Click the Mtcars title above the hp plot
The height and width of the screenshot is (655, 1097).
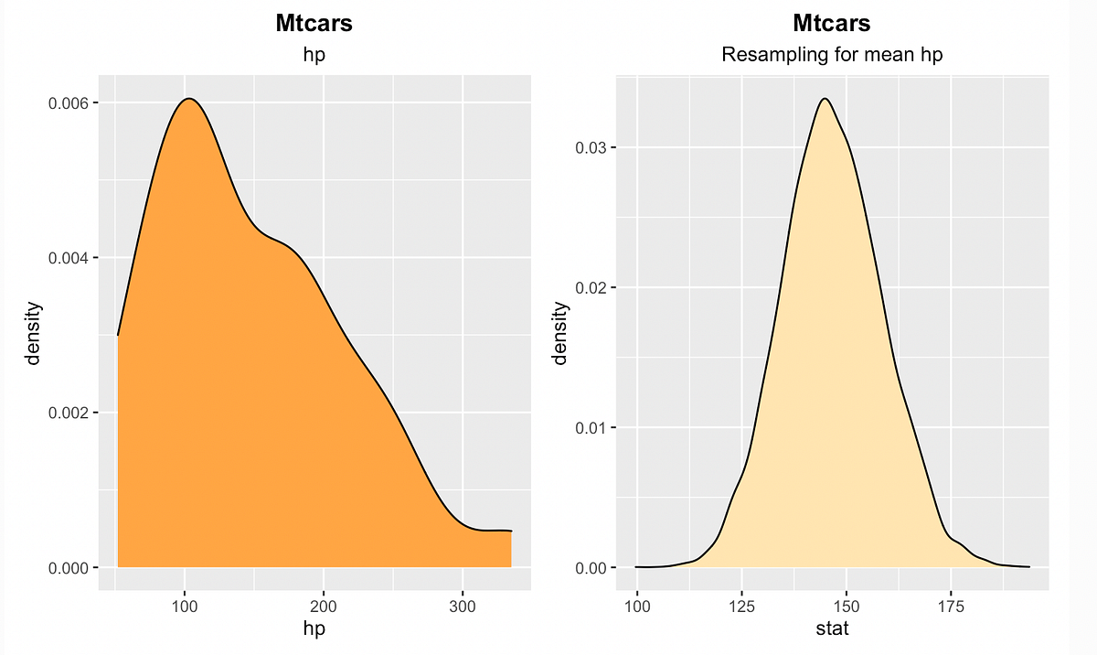314,24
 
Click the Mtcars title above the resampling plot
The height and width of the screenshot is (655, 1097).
832,24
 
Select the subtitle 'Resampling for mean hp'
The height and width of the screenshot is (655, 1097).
832,55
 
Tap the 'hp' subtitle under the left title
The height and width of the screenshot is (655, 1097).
314,55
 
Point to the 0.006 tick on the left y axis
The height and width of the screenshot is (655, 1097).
69,102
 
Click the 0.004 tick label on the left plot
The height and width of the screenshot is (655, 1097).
69,258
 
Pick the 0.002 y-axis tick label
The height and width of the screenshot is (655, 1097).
69,413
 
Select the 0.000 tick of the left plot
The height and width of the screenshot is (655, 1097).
69,568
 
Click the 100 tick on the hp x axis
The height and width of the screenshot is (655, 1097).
186,607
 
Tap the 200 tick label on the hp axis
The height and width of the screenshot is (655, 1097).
324,607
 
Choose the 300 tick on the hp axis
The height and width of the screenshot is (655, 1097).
463,607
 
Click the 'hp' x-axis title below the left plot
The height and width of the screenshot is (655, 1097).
314,629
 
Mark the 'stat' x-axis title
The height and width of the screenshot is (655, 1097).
832,629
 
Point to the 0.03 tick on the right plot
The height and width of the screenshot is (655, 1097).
591,147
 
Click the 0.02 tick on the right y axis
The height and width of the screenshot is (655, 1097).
591,287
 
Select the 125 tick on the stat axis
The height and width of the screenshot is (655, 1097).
741,607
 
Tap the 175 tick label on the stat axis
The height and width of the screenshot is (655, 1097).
951,607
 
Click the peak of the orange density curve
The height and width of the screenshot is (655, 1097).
187,99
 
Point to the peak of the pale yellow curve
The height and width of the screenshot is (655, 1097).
825,99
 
